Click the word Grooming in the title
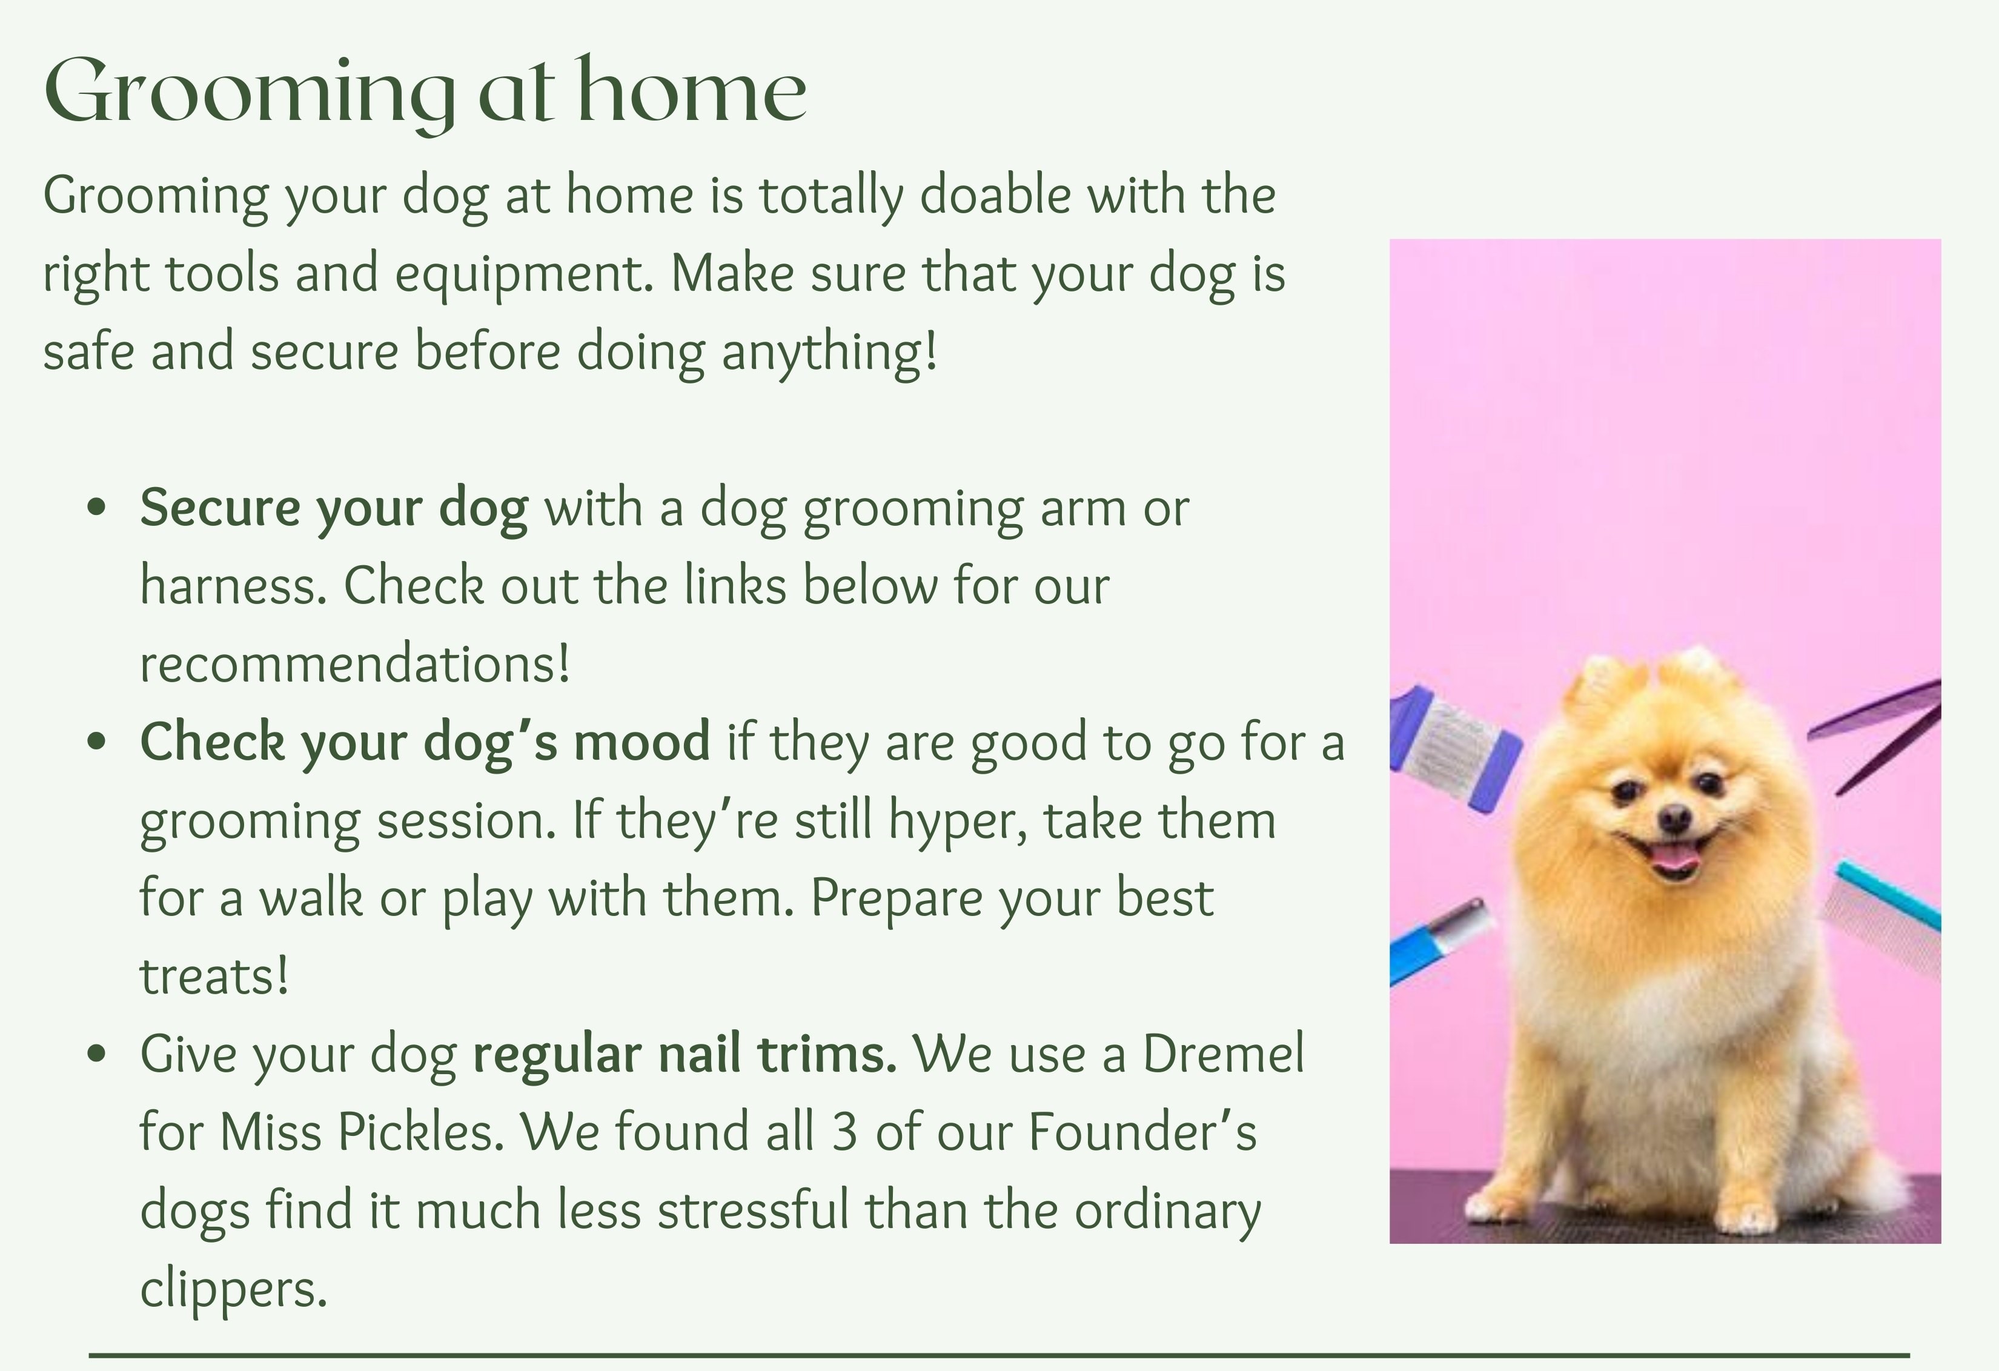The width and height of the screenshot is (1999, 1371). pyautogui.click(x=250, y=93)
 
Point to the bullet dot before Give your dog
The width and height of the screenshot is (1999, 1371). pyautogui.click(x=96, y=1053)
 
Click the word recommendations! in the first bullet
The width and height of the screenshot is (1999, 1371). pyautogui.click(x=354, y=664)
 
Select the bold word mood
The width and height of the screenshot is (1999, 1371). pyautogui.click(x=641, y=742)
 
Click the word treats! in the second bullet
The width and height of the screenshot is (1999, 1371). pyautogui.click(x=213, y=976)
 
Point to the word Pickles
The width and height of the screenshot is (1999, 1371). pyautogui.click(x=420, y=1132)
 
